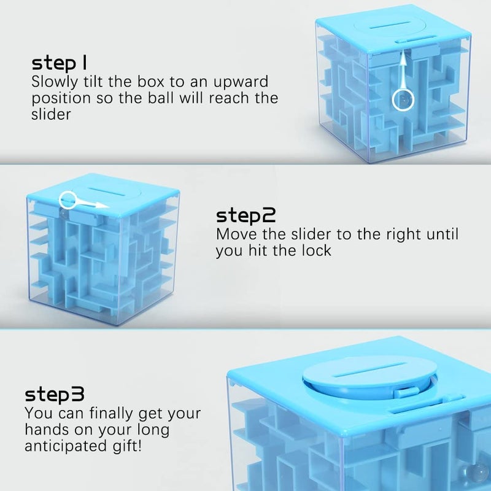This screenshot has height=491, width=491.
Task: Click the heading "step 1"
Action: (59, 63)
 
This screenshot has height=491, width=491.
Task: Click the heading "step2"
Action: (246, 216)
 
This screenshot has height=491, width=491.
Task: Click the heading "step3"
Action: (55, 394)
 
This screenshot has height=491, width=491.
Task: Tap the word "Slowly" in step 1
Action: (55, 82)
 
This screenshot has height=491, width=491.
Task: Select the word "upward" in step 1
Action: (241, 82)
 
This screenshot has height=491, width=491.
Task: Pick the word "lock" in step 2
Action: (316, 250)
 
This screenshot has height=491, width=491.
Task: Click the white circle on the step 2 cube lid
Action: (60, 201)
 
